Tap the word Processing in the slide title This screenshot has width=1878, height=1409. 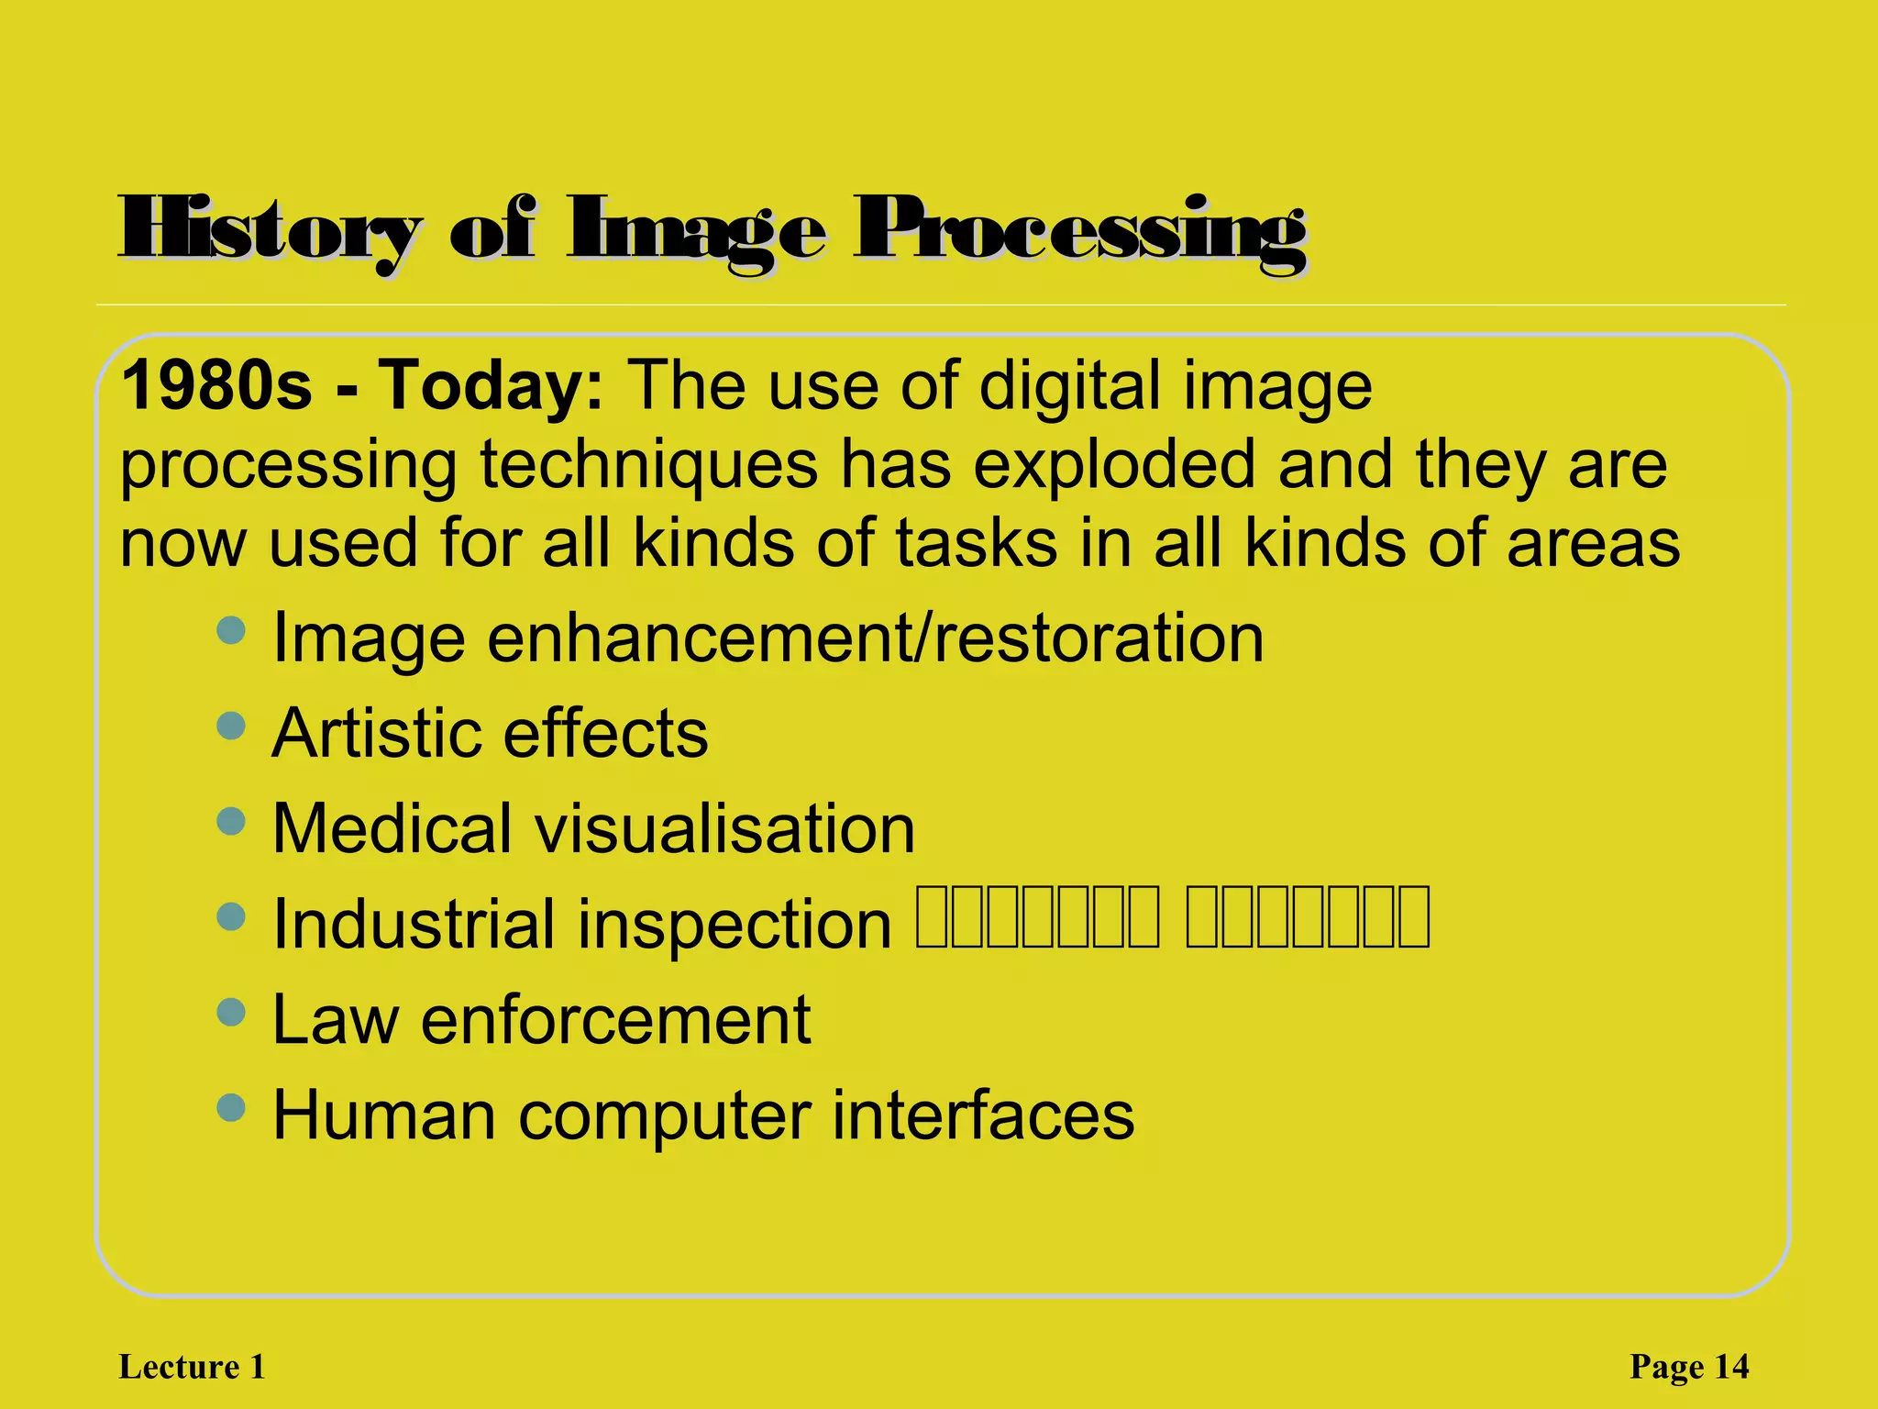pos(1080,229)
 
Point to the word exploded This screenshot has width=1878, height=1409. pos(1114,464)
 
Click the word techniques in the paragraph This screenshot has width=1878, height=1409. pos(649,464)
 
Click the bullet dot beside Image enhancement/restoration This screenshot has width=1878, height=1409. pos(231,630)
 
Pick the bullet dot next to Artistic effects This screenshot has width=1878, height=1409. pos(231,726)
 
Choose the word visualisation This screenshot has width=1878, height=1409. pos(724,828)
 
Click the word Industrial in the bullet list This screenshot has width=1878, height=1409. pos(413,924)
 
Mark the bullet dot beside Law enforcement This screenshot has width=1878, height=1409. pos(231,1012)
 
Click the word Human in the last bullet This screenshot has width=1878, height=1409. pos(382,1115)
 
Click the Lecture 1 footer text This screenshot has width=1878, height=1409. pos(193,1367)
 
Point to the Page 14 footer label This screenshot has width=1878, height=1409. pos(1689,1367)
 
